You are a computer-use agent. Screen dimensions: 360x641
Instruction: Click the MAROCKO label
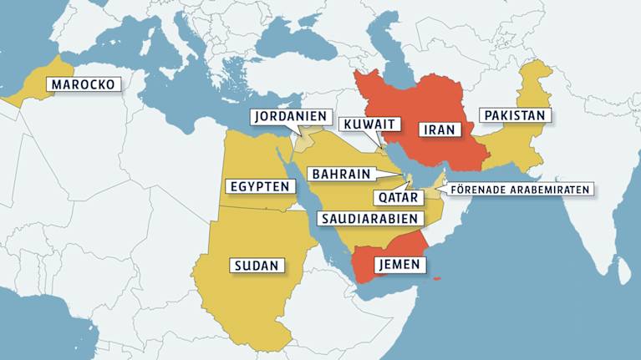coord(83,84)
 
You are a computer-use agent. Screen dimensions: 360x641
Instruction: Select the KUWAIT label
coord(369,124)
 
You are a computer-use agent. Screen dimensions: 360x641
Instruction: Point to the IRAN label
coord(439,129)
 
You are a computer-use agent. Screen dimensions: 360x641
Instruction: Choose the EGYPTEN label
coord(260,186)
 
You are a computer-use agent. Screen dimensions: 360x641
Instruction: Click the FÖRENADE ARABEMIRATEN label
coord(520,189)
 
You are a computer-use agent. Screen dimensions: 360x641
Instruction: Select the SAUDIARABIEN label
coord(368,218)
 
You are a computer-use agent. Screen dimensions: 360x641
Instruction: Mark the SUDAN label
coord(256,266)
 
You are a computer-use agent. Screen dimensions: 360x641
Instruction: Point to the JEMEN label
coord(400,266)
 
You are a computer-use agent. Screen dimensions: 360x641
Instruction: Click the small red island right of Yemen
coord(437,279)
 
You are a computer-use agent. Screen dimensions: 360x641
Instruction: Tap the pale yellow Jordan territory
coord(303,139)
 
